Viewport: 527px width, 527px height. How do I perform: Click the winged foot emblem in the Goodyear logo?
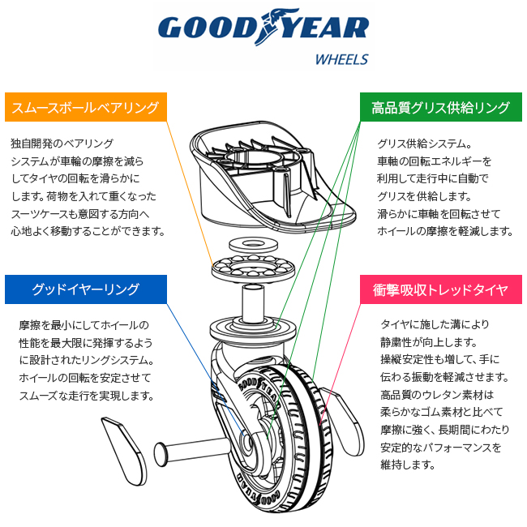pyautogui.click(x=268, y=28)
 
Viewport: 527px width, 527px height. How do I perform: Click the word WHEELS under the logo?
pyautogui.click(x=341, y=59)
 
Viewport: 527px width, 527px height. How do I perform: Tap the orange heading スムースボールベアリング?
pyautogui.click(x=85, y=107)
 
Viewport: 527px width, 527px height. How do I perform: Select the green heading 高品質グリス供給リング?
pyautogui.click(x=440, y=107)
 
